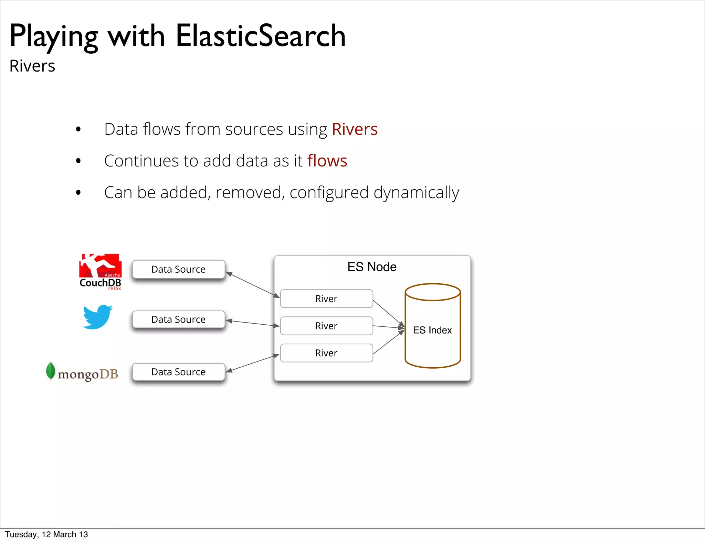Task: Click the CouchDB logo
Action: [100, 272]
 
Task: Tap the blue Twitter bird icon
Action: [97, 317]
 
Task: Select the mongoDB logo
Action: [82, 372]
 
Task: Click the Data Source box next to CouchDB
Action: [179, 269]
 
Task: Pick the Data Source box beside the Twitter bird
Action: [179, 319]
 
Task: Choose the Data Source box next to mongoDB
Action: [179, 372]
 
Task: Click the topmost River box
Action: [326, 299]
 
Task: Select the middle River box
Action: [326, 326]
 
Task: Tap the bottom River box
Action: [326, 353]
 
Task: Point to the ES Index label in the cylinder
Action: [432, 330]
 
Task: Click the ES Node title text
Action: [372, 267]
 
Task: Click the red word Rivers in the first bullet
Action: [355, 129]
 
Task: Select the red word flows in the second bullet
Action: [327, 161]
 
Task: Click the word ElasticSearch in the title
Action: [261, 36]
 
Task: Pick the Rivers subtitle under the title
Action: [32, 66]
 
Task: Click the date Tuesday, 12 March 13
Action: [46, 534]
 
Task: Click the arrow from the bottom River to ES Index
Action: [388, 343]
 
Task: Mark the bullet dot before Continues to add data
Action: [78, 161]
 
